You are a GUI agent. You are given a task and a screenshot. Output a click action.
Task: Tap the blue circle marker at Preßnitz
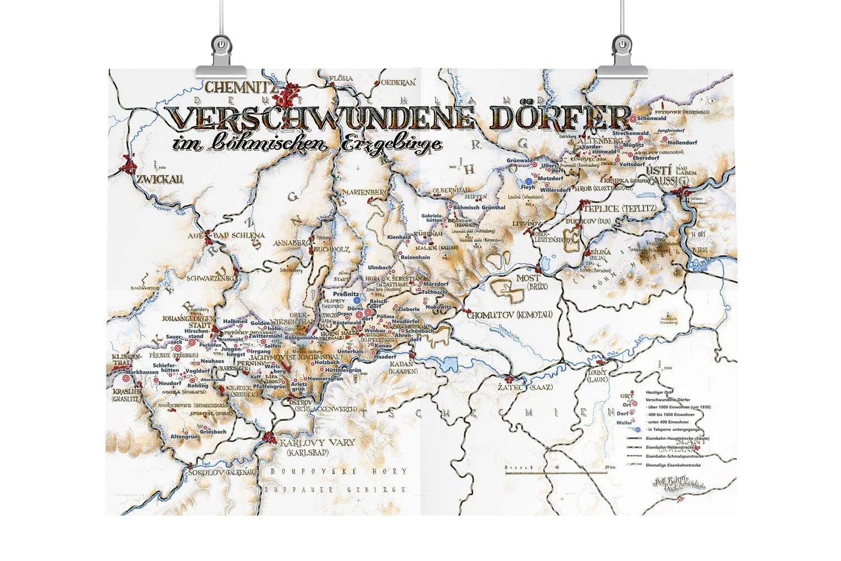click(357, 300)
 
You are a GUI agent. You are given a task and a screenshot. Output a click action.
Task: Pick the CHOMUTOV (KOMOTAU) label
click(509, 315)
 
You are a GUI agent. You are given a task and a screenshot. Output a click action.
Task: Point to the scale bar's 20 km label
click(602, 467)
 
